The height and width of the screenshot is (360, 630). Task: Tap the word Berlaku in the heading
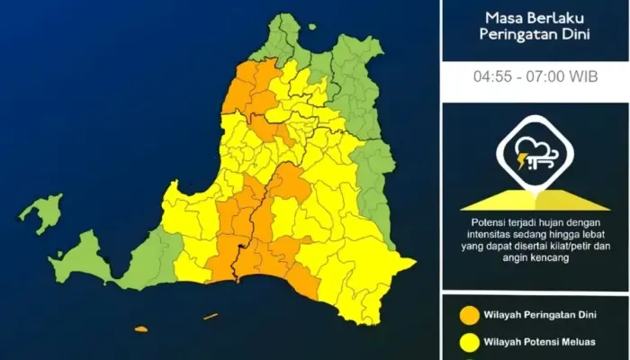(x=556, y=17)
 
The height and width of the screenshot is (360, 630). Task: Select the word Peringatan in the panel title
(x=514, y=33)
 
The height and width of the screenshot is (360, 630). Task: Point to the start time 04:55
(x=492, y=76)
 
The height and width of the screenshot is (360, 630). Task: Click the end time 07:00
(x=545, y=76)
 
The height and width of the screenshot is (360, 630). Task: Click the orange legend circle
(x=468, y=315)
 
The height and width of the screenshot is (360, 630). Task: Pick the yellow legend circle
(x=468, y=342)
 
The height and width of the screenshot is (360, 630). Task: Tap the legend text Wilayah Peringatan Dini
(x=540, y=315)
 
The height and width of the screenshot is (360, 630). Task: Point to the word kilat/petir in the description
(x=577, y=245)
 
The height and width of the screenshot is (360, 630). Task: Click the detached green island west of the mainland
(x=41, y=212)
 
